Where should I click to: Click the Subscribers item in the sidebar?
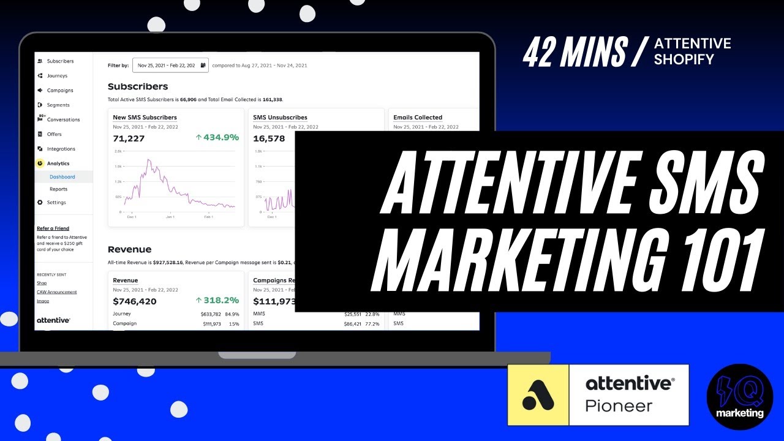(60, 61)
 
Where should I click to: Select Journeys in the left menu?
(57, 76)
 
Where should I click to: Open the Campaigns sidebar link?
(60, 91)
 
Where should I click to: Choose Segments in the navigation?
(58, 105)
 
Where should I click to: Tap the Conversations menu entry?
(63, 119)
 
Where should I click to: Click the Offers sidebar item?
(54, 134)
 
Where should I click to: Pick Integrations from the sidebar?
(61, 149)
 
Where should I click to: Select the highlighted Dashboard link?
(62, 177)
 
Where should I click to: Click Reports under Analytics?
(58, 189)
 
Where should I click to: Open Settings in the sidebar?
(56, 203)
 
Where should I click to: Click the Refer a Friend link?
(53, 228)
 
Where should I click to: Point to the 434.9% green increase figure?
(217, 138)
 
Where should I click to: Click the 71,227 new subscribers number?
(129, 138)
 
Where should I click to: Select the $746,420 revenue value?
(135, 301)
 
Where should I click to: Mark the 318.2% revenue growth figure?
(217, 301)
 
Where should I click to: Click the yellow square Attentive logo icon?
(538, 395)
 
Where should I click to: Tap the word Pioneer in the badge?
(619, 405)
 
